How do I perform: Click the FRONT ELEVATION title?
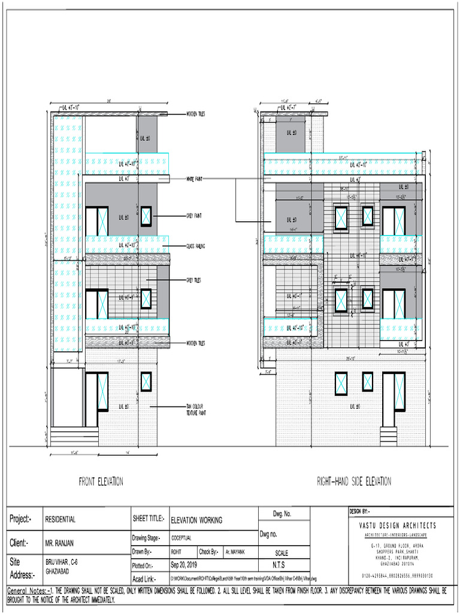point(101,481)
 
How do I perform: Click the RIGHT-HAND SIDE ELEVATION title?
point(354,481)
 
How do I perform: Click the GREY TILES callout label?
point(195,279)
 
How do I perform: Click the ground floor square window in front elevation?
point(146,381)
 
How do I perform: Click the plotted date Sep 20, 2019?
point(184,565)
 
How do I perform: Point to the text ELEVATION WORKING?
point(196,520)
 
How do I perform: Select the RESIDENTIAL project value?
point(60,520)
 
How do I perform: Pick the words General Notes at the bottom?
point(26,591)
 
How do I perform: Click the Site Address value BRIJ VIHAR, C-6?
point(62,562)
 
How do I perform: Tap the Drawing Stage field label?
point(146,538)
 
